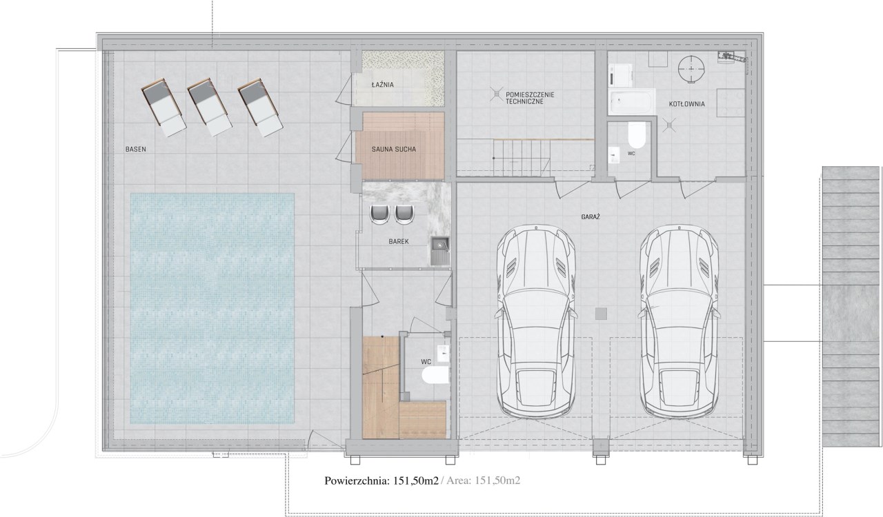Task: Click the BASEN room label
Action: click(x=136, y=150)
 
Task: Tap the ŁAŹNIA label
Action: click(x=382, y=84)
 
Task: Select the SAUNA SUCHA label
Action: click(x=393, y=150)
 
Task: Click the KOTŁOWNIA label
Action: click(x=686, y=104)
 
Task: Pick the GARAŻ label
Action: click(x=591, y=216)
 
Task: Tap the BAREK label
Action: click(x=399, y=241)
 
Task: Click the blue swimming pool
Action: click(x=212, y=308)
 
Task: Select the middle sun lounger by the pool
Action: click(x=209, y=107)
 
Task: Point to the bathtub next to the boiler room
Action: click(x=631, y=102)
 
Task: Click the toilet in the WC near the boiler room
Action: click(x=637, y=135)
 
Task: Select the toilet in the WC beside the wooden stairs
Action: click(x=435, y=375)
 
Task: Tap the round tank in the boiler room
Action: click(x=691, y=69)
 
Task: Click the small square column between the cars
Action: click(x=601, y=314)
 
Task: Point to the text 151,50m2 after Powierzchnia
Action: click(x=415, y=480)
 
